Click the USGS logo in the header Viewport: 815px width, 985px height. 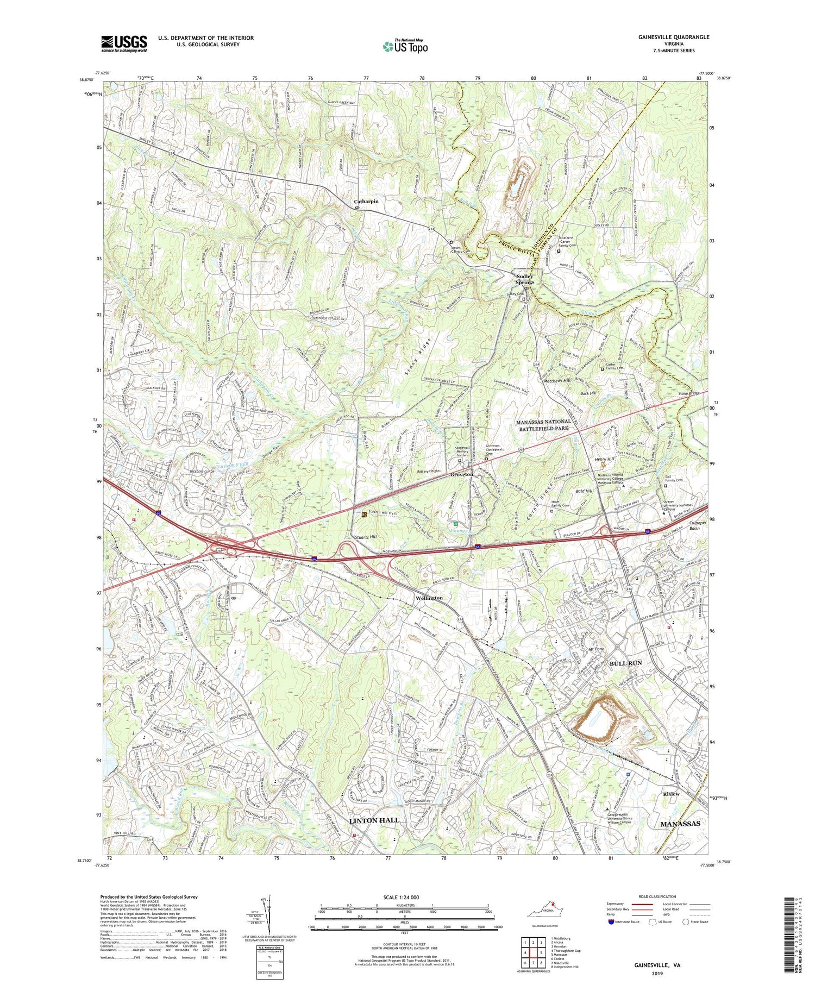coord(124,43)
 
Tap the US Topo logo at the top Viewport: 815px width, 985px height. coord(405,47)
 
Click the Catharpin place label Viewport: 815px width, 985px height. coord(366,201)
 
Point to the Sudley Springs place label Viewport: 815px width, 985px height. coord(524,279)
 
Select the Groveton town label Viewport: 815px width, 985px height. coord(462,474)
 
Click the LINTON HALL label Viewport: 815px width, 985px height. coord(374,820)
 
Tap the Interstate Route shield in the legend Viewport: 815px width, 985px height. coord(611,922)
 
